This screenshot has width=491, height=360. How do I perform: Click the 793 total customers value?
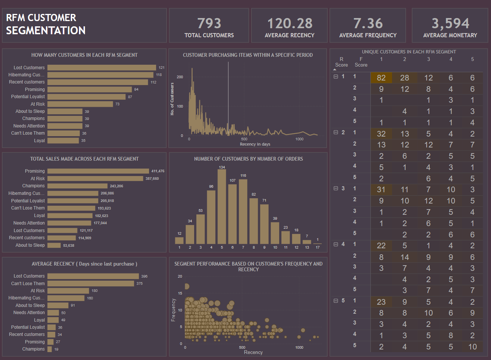[x=209, y=23]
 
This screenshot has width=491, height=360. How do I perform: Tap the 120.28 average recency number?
[x=290, y=23]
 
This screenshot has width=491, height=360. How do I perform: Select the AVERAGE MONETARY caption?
[x=450, y=35]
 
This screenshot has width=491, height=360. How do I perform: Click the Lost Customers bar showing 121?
[x=102, y=68]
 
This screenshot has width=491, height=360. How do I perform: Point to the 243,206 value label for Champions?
[x=117, y=186]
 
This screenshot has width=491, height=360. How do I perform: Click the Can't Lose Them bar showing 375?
[x=91, y=284]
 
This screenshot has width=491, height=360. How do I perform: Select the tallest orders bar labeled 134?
[x=222, y=207]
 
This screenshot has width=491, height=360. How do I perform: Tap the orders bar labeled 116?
[x=243, y=211]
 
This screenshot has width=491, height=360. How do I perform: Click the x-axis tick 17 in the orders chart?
[x=318, y=248]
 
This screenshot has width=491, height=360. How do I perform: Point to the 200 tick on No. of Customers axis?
[x=180, y=77]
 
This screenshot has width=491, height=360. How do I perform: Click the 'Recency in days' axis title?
[x=255, y=144]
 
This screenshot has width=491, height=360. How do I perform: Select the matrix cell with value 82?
[x=381, y=78]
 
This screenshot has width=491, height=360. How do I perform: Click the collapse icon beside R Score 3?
[x=336, y=188]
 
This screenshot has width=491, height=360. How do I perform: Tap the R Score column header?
[x=341, y=62]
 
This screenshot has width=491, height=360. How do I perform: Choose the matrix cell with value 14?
[x=404, y=257]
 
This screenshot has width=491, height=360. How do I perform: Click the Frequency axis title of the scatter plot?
[x=173, y=310]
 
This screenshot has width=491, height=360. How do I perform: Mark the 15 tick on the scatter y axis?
[x=180, y=293]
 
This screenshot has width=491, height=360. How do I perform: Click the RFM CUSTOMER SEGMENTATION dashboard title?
[x=46, y=24]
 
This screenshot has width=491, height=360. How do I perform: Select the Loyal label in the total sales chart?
[x=40, y=216]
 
